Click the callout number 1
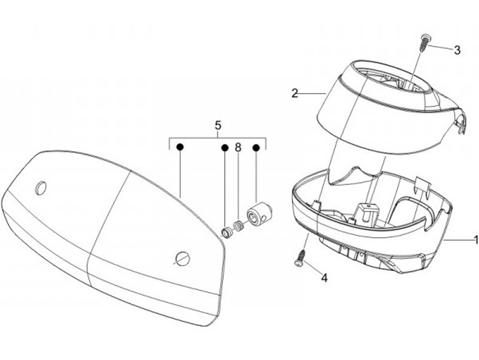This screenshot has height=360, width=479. coord(475,238)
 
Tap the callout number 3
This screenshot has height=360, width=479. coord(457,50)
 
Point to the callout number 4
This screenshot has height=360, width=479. coord(324,277)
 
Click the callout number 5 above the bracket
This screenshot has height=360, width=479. coord(217,125)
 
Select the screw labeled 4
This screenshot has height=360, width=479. coord(300,258)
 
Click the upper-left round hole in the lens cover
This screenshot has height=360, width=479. coord(41,188)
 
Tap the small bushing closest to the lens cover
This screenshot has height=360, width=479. coord(227,231)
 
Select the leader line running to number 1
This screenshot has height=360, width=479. coord(458,238)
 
